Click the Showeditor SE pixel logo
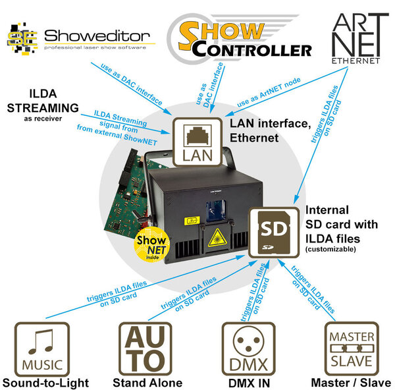22,39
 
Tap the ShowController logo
240,38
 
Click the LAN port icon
197,142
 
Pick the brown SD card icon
274,233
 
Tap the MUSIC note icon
42,349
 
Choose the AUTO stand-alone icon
145,349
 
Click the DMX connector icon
249,349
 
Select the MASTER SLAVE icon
352,349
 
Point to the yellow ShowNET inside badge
152,244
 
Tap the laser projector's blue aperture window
216,211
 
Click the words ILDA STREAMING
43,101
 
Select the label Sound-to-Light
45,383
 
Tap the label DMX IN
249,383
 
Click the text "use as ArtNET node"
269,92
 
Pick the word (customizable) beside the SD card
330,249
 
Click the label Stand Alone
147,383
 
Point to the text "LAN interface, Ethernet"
271,130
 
